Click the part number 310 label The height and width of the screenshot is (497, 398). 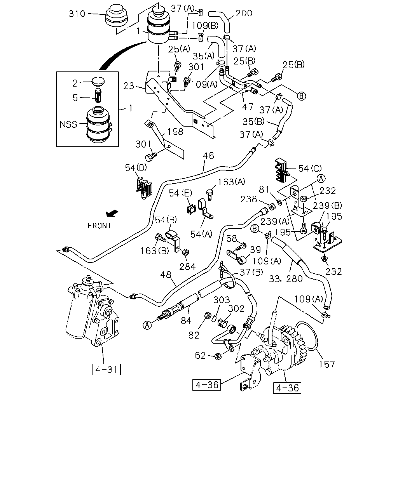point(77,14)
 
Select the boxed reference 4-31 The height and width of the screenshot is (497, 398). point(106,369)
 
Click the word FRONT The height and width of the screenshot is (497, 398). point(99,226)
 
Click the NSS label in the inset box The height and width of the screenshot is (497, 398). point(68,125)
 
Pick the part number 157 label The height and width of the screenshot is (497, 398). point(327,365)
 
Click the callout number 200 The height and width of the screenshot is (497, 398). point(244,13)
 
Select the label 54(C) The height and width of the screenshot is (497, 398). point(310,169)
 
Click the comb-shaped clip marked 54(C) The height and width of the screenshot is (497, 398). point(282,170)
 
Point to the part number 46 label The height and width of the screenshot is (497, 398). point(208,156)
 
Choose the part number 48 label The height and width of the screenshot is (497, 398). point(166,275)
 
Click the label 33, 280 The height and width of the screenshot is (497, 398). point(286,279)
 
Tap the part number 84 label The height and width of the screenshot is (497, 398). point(186,321)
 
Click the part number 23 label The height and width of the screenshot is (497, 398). point(129,86)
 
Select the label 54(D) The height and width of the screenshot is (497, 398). point(136,168)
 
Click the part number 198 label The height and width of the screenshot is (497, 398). point(175,132)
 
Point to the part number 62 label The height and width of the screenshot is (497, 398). point(200,356)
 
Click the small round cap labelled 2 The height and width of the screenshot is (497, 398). point(98,81)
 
